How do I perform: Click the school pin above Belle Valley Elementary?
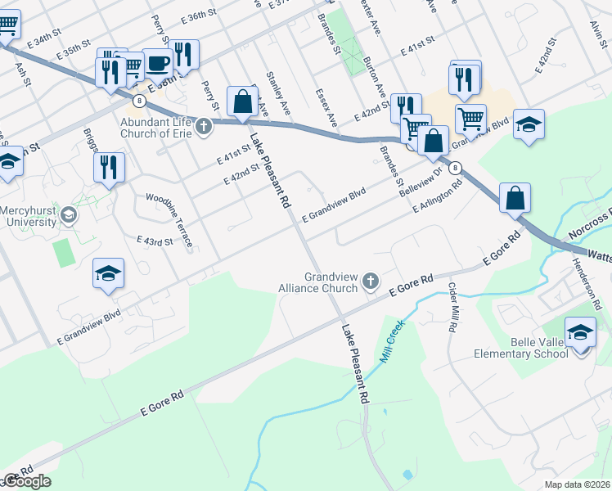[x=581, y=332]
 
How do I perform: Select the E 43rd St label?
[x=155, y=241]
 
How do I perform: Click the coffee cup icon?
[x=158, y=61]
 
